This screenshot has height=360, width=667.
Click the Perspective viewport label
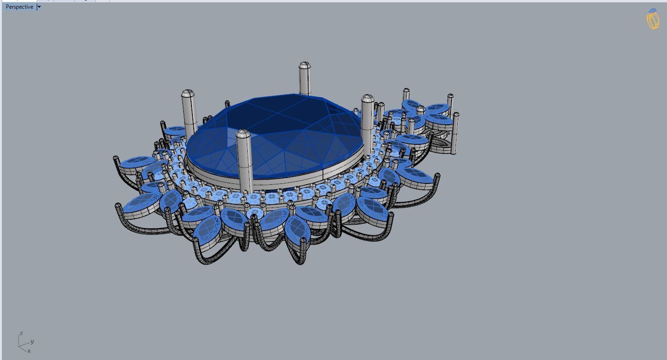click(x=19, y=7)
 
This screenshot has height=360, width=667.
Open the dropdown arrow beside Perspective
click(x=39, y=7)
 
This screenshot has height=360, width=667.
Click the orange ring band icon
click(x=653, y=21)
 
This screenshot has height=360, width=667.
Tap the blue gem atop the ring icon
click(x=652, y=11)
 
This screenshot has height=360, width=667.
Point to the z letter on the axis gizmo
click(x=21, y=334)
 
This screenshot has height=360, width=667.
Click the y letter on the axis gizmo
click(x=32, y=342)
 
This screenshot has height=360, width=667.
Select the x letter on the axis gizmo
click(x=29, y=351)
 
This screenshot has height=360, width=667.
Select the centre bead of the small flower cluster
click(x=421, y=110)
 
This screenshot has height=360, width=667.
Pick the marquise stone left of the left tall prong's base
click(x=175, y=132)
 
